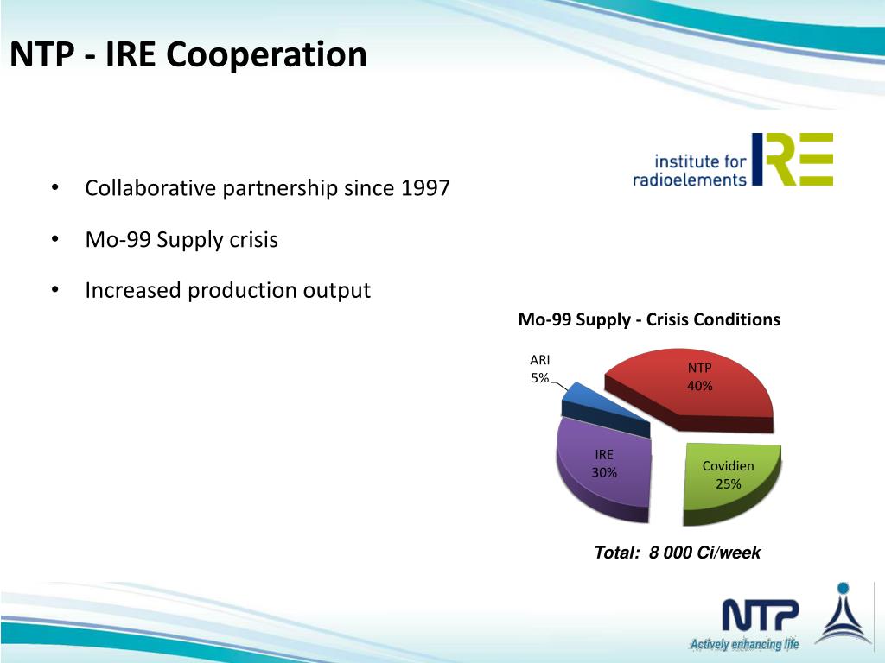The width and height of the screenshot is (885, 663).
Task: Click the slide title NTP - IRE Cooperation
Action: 188,55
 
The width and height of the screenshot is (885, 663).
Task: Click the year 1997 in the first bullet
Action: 425,188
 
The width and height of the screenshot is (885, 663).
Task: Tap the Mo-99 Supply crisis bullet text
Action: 181,239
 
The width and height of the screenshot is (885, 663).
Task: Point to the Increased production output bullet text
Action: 227,290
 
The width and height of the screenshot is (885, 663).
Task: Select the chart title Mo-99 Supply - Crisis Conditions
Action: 648,319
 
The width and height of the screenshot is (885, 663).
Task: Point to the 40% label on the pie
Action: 699,386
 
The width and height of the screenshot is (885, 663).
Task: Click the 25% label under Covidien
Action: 728,483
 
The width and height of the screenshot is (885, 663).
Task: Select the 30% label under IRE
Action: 603,472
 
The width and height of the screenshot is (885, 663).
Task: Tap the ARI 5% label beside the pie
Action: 539,369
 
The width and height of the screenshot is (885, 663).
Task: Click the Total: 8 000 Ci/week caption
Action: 677,552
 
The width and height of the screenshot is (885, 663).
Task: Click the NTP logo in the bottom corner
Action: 760,616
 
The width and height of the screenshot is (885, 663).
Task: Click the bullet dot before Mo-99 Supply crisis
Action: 54,239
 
